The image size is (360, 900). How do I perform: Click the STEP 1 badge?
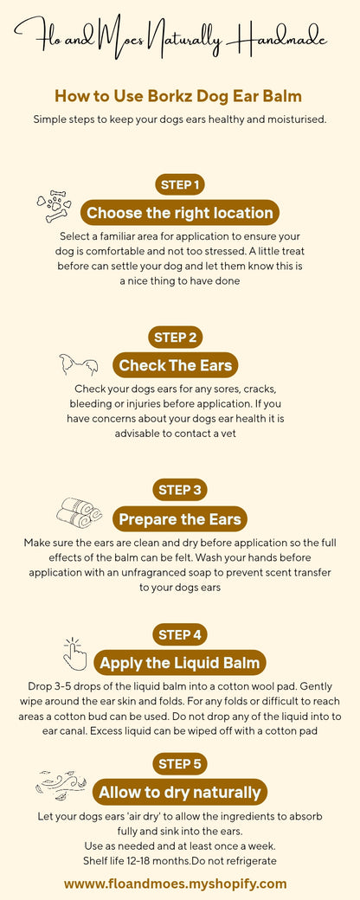pyautogui.click(x=180, y=184)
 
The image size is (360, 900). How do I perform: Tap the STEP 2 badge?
pyautogui.click(x=180, y=337)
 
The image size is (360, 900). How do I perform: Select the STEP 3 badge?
pyautogui.click(x=180, y=490)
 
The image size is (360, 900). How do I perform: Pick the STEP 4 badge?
pyautogui.click(x=180, y=635)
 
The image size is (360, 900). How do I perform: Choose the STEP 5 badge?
pyautogui.click(x=180, y=763)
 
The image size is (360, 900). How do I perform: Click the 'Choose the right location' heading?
pyautogui.click(x=180, y=213)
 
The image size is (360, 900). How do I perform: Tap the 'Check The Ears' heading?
pyautogui.click(x=177, y=365)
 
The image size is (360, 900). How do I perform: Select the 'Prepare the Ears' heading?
pyautogui.click(x=180, y=519)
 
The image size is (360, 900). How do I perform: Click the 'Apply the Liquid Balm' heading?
pyautogui.click(x=180, y=664)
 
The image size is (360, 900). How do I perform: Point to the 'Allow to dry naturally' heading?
pyautogui.click(x=180, y=792)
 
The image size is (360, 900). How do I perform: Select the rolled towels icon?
pyautogui.click(x=80, y=512)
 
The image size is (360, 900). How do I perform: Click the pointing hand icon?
pyautogui.click(x=75, y=654)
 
